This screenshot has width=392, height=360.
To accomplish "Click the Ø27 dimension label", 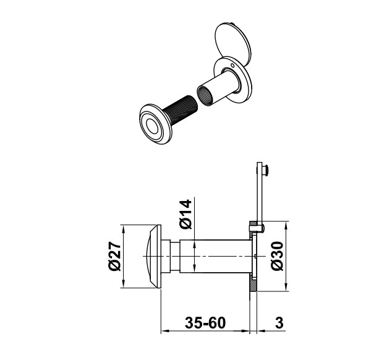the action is [115, 257].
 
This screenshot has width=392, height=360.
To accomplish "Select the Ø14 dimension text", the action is [185, 214].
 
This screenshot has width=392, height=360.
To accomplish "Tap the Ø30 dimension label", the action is [277, 256].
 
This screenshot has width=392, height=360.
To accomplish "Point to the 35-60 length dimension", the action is [205, 323].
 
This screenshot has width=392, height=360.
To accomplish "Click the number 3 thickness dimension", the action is [279, 323].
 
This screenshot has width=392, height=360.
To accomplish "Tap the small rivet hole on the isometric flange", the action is [232, 66].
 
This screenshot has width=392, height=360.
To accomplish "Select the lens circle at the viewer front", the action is [152, 126].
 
